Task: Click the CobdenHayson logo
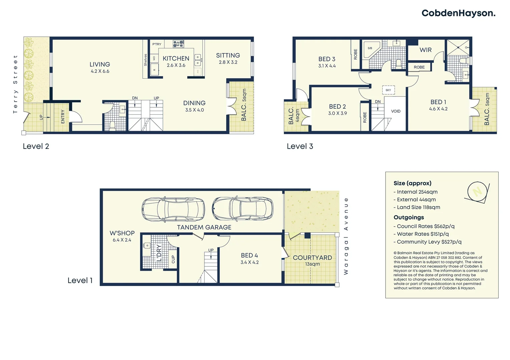click(x=458, y=13)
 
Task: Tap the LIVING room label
click(x=100, y=64)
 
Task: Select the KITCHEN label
click(x=176, y=58)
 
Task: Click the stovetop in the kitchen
click(x=178, y=44)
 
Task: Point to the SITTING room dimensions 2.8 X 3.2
click(x=228, y=62)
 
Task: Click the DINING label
click(x=194, y=103)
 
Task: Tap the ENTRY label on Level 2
click(x=63, y=117)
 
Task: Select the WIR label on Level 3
click(x=425, y=50)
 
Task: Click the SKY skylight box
click(x=388, y=90)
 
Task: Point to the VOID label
click(x=396, y=111)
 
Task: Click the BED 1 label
click(x=438, y=102)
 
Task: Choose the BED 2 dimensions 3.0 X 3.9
click(x=337, y=113)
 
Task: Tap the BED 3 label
click(x=327, y=59)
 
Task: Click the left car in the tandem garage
click(x=173, y=209)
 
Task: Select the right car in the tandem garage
click(x=242, y=209)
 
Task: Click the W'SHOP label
click(x=122, y=233)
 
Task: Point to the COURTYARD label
click(x=312, y=258)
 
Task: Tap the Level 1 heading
click(x=80, y=280)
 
